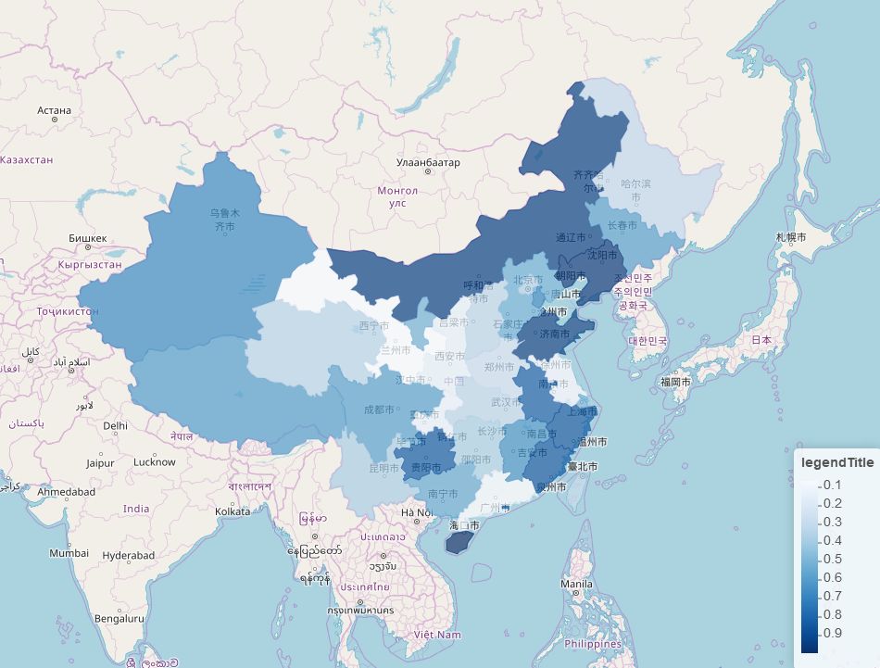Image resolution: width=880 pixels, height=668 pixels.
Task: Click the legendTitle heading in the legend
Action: [x=836, y=462]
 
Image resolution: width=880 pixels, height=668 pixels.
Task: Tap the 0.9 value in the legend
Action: [x=832, y=633]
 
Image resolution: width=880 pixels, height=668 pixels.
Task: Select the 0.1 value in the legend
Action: [x=832, y=485]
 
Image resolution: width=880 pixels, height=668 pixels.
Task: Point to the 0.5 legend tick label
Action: [x=832, y=559]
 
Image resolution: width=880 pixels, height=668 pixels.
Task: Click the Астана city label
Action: [x=54, y=110]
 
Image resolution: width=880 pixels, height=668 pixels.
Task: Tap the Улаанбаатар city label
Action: [x=427, y=163]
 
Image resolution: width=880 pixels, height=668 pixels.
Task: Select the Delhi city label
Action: [x=115, y=426]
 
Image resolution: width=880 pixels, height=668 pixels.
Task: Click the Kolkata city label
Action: [x=233, y=510]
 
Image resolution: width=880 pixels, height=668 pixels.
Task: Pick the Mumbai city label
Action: [x=69, y=553]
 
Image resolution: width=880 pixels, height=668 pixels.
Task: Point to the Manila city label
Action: [x=576, y=585]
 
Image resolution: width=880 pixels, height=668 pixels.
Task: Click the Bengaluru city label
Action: [x=119, y=618]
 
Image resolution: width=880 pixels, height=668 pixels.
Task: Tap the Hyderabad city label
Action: [x=129, y=555]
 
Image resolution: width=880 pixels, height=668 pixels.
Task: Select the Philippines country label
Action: [x=592, y=644]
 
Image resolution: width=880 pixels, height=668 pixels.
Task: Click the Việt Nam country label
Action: [x=437, y=635]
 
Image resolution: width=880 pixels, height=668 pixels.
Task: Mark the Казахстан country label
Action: [x=27, y=160]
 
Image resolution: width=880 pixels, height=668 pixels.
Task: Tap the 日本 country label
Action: [x=761, y=340]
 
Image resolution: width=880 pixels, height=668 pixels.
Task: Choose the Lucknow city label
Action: [x=154, y=461]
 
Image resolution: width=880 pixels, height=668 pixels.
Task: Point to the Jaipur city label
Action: [x=100, y=462]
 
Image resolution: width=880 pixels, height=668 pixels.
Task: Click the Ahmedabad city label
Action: [x=66, y=492]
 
